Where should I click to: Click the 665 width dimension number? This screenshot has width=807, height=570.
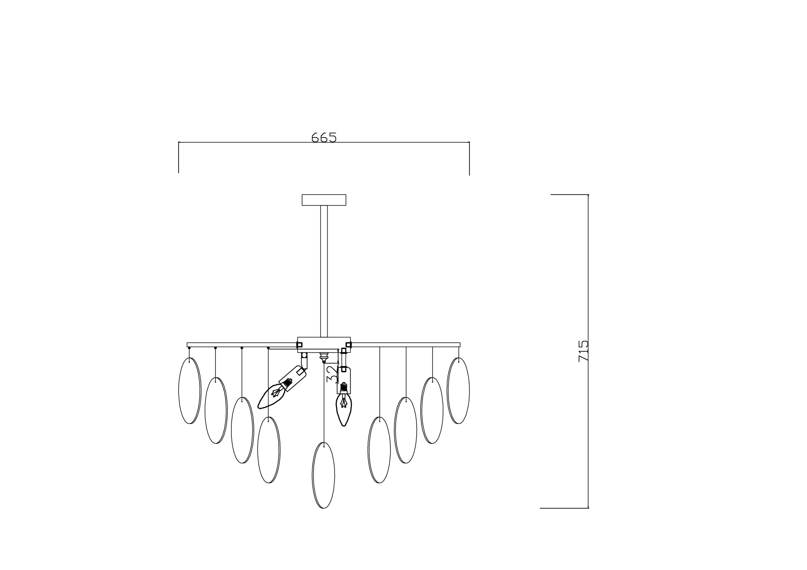pos(324,137)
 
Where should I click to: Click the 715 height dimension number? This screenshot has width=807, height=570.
pos(583,351)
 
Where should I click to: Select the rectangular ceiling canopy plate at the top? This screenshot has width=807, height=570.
pos(324,200)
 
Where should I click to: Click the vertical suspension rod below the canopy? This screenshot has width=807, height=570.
pos(324,270)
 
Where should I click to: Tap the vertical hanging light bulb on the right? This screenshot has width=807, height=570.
pos(344,409)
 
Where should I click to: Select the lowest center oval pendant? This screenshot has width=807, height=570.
pos(323,475)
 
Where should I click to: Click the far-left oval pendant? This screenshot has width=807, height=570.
pos(190,390)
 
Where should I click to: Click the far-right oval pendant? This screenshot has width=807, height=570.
pos(458,390)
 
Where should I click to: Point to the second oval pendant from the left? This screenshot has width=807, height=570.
pos(216,410)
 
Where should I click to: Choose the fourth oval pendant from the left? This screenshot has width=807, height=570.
pos(269,450)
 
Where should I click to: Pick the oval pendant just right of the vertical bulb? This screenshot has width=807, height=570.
pos(379,450)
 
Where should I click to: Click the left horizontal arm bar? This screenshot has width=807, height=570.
pos(242,345)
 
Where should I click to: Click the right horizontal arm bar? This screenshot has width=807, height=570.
pos(405,345)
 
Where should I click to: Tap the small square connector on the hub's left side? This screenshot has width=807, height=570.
pos(299,345)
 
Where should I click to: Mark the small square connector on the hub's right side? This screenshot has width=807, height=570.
pos(348,345)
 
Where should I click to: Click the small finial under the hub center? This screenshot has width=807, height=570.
pos(324,357)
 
